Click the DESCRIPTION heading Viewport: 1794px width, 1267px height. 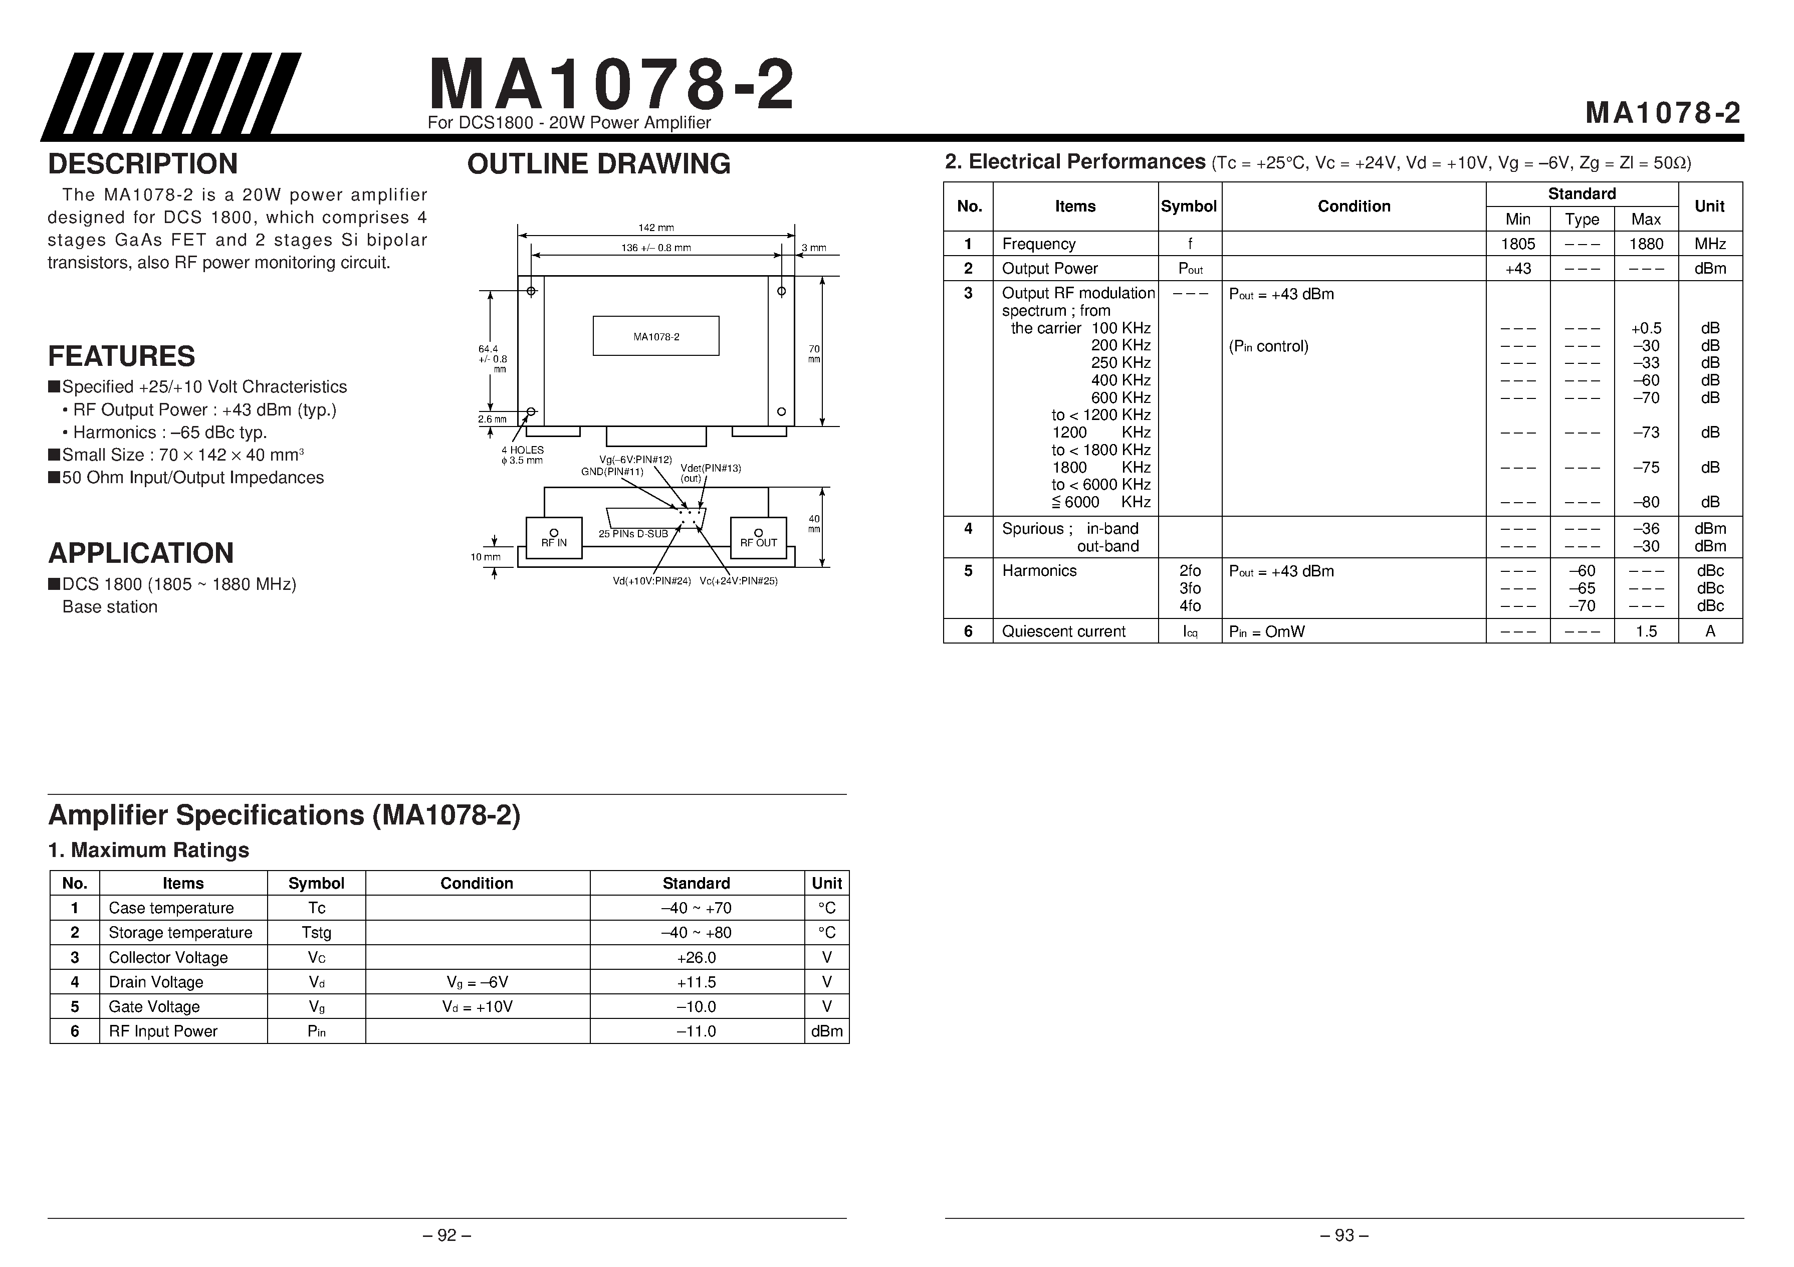coord(142,164)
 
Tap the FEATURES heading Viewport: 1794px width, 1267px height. coord(121,356)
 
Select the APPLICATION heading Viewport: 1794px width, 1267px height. coord(141,553)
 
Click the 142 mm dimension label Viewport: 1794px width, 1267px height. coord(655,228)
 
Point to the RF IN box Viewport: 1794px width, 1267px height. coord(554,538)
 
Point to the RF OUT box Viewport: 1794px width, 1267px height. coord(758,538)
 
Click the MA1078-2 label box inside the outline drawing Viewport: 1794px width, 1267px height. coord(655,336)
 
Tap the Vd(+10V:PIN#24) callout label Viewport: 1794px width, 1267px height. coord(651,581)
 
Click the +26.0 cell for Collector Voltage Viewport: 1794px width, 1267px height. coord(696,957)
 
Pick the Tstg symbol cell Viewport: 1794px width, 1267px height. coord(316,933)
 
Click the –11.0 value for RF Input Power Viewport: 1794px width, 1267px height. coord(696,1031)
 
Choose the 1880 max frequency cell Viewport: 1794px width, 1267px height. coord(1646,244)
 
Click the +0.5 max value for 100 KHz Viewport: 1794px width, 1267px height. coord(1646,328)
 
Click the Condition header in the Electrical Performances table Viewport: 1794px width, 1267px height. coord(1354,206)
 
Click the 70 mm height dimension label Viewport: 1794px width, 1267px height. coord(814,353)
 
